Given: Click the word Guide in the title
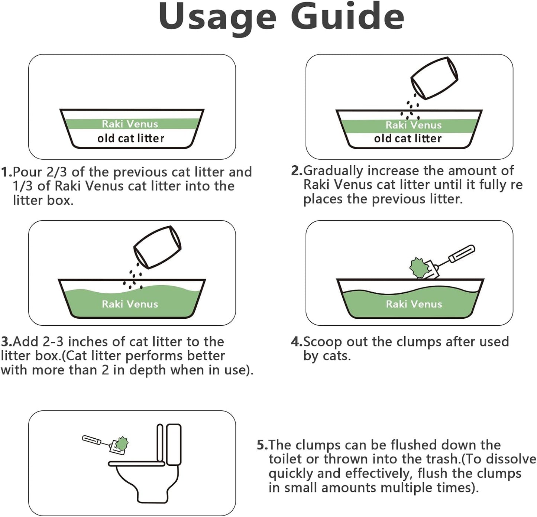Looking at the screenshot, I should click(347, 17).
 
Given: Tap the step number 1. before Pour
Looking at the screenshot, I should click(6, 172).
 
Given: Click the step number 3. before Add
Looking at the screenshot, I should click(6, 342).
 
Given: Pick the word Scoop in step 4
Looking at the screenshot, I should click(323, 342).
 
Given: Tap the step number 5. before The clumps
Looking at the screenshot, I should click(262, 445).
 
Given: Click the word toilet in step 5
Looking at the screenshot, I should click(285, 459).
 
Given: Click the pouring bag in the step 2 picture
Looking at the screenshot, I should click(434, 78).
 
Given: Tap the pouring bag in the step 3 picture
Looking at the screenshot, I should click(157, 247).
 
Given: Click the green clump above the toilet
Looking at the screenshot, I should click(121, 443).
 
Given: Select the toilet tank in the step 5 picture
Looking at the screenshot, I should click(174, 444).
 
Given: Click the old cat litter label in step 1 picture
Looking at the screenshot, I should click(130, 139).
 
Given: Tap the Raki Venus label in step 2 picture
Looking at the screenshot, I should click(413, 125).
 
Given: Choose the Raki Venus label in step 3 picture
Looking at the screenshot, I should click(130, 304).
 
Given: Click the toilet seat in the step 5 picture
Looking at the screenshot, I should click(136, 464).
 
